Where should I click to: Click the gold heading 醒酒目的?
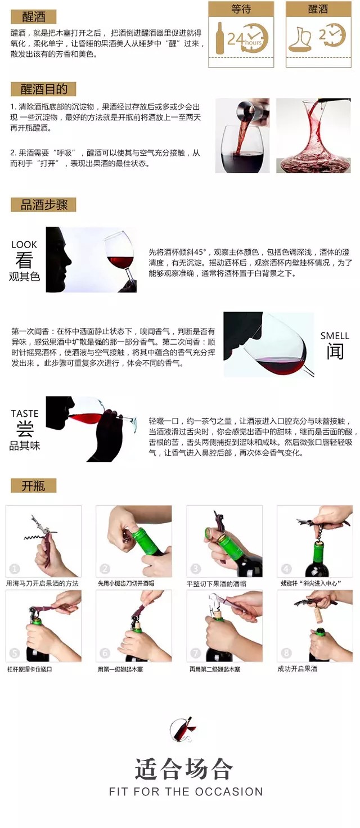coord(44,89)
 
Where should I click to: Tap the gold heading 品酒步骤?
coord(44,205)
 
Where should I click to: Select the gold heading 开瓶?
coord(33,485)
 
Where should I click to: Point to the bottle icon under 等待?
coord(220,38)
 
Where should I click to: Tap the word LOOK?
coord(24,245)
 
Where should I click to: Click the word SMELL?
coord(335,336)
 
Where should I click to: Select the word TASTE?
coord(25,413)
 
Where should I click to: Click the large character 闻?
coord(335,351)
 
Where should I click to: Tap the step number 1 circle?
coord(15,569)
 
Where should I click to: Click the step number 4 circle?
coord(286,569)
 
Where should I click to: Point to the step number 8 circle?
coord(286,653)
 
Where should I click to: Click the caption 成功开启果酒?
coord(297,668)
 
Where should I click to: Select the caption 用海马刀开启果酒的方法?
coord(42,583)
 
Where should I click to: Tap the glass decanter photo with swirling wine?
coord(313,136)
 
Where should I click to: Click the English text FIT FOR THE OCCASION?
coord(186,791)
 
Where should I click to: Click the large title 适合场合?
coord(184,769)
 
